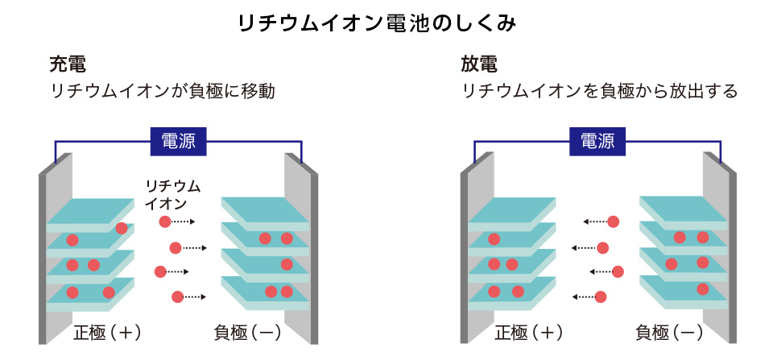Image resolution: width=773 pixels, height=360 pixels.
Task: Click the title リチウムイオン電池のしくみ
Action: pyautogui.click(x=386, y=23)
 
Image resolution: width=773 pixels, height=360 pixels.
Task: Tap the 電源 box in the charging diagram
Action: pyautogui.click(x=179, y=142)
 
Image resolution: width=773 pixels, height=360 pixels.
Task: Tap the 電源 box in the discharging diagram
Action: pyautogui.click(x=597, y=142)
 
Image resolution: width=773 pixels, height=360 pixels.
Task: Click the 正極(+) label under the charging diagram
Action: pyautogui.click(x=106, y=332)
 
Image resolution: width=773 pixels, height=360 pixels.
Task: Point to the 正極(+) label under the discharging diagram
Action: pyautogui.click(x=527, y=332)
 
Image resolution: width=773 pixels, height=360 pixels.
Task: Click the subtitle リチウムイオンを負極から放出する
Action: pyautogui.click(x=600, y=91)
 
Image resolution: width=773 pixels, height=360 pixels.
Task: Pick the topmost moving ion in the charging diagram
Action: pyautogui.click(x=164, y=221)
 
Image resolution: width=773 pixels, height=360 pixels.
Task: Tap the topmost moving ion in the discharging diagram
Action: pyautogui.click(x=614, y=221)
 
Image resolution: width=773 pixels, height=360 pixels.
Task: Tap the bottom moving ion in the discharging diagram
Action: pyautogui.click(x=600, y=296)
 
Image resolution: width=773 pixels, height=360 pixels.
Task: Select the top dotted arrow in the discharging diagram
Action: pyautogui.click(x=594, y=221)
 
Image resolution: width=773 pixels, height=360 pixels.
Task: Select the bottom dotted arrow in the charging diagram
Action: pyautogui.click(x=194, y=296)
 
